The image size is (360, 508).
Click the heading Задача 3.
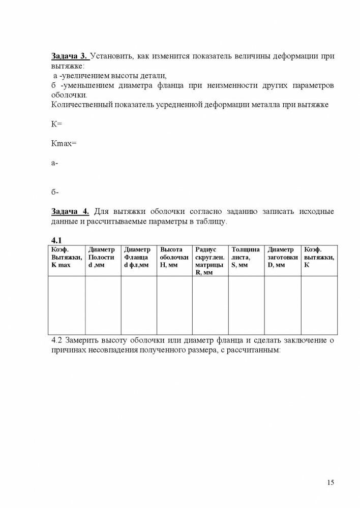(70, 56)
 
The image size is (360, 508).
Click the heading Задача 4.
(70, 211)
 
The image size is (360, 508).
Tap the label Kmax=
(64, 143)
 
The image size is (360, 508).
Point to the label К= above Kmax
(56, 123)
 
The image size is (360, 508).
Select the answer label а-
(55, 163)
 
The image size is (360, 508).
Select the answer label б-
(55, 192)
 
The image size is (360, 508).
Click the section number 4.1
(56, 239)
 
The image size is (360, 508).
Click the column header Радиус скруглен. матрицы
(209, 261)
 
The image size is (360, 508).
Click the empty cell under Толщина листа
(246, 305)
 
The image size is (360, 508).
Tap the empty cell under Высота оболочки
(174, 305)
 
